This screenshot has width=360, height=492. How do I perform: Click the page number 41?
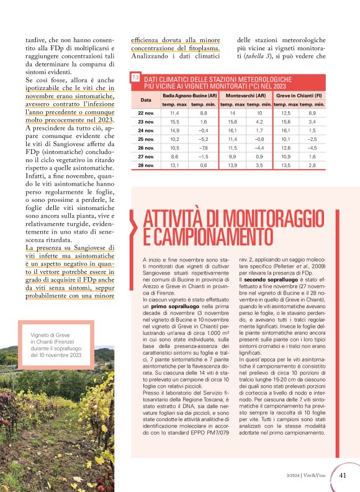343,475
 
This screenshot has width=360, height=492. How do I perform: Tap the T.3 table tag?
135,77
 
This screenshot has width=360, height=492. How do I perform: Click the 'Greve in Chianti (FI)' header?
298,96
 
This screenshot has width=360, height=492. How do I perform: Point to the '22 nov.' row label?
146,113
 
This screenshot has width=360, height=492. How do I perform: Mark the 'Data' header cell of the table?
146,99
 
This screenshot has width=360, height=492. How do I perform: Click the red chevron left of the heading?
133,227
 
